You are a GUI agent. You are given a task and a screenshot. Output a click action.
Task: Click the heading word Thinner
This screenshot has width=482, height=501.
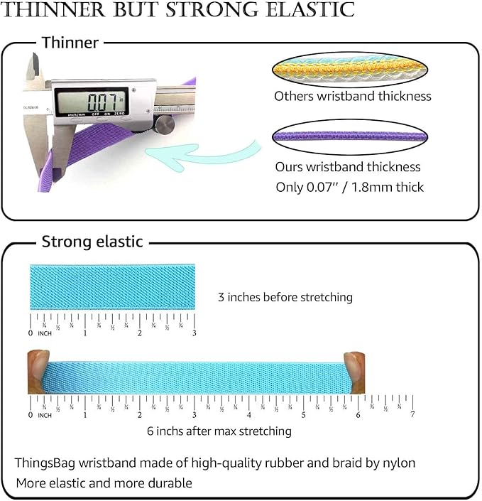70,43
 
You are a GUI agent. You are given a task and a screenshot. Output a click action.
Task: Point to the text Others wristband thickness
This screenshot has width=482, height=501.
353,95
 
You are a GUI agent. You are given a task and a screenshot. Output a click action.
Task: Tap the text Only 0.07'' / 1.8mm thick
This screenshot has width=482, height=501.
350,188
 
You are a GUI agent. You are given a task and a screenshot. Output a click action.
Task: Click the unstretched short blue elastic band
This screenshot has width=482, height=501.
112,286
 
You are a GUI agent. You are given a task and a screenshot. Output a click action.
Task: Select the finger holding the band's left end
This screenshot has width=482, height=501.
38,370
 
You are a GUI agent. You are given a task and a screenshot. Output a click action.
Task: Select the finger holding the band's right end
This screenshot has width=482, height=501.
354,370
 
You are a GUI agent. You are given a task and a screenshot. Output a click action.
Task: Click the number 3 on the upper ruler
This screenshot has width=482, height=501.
194,333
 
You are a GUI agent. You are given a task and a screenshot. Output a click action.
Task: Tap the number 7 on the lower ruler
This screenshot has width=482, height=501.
412,414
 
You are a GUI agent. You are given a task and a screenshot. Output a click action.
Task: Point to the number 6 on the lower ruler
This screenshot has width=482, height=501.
358,414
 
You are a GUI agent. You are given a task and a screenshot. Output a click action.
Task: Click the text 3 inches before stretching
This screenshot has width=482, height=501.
285,297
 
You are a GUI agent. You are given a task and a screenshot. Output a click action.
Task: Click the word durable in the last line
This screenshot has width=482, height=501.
170,483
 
